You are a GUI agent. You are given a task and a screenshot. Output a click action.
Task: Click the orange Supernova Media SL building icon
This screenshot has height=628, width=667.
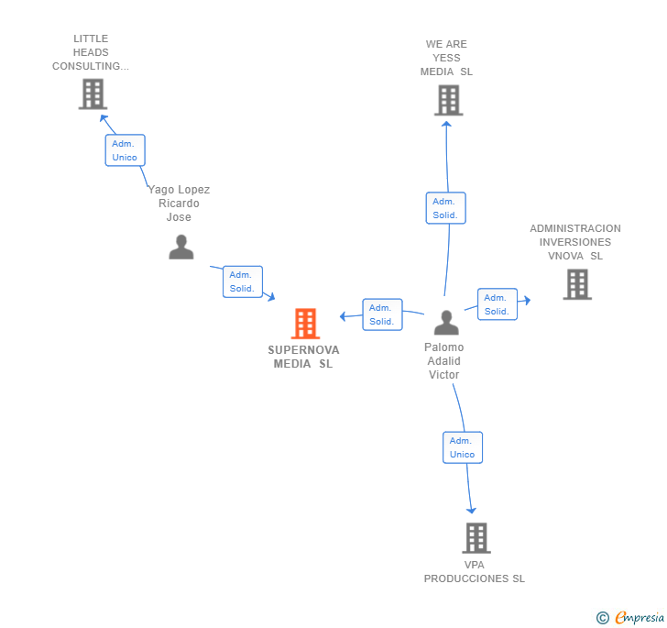[x=304, y=324]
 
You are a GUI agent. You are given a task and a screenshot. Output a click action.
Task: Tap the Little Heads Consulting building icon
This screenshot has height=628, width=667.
[x=93, y=94]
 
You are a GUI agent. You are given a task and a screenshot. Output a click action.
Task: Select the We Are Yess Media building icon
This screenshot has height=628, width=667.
[x=448, y=100]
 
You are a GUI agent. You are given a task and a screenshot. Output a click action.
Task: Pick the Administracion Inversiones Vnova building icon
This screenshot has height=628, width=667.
[x=576, y=284]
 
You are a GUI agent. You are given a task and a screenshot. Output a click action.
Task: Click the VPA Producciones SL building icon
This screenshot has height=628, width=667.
[x=476, y=538]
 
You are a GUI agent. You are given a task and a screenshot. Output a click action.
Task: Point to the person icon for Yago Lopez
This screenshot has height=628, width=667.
[x=181, y=247]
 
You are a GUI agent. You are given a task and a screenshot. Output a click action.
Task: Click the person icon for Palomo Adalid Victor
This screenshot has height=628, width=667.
[x=446, y=323]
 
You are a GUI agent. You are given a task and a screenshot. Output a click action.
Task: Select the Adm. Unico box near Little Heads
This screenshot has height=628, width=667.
[x=125, y=150]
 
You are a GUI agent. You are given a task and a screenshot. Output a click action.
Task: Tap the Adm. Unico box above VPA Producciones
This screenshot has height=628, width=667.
[x=462, y=447]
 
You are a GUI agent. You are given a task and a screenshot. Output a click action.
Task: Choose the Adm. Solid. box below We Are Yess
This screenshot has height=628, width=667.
[x=445, y=208]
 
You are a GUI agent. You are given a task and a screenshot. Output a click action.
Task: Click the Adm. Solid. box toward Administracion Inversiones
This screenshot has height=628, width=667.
[x=497, y=304]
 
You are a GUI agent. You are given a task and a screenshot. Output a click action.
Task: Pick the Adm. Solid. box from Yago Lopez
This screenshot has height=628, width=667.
[x=242, y=281]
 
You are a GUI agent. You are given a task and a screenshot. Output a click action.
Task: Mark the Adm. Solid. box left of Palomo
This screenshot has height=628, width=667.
[x=382, y=314]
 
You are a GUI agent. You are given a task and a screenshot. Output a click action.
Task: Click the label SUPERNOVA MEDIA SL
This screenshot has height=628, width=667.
[x=303, y=357]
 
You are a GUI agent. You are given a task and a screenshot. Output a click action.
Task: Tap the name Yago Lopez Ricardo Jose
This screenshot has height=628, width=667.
[x=180, y=204]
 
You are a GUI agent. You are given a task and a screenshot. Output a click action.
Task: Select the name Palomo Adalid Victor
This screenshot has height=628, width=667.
[x=444, y=360]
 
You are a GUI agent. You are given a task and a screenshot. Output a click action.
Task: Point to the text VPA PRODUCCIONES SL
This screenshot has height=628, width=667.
[x=475, y=571]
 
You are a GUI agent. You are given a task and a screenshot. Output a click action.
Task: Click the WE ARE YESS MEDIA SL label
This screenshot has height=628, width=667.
[x=447, y=58]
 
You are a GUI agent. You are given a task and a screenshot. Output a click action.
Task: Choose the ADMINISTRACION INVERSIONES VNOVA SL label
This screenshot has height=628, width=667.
[x=575, y=242]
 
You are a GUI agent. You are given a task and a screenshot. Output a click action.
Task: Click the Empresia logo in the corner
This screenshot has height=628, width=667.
[x=631, y=617]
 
